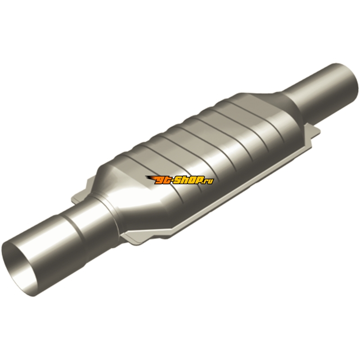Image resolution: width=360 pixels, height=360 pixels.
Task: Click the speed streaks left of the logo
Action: (x=150, y=178)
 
